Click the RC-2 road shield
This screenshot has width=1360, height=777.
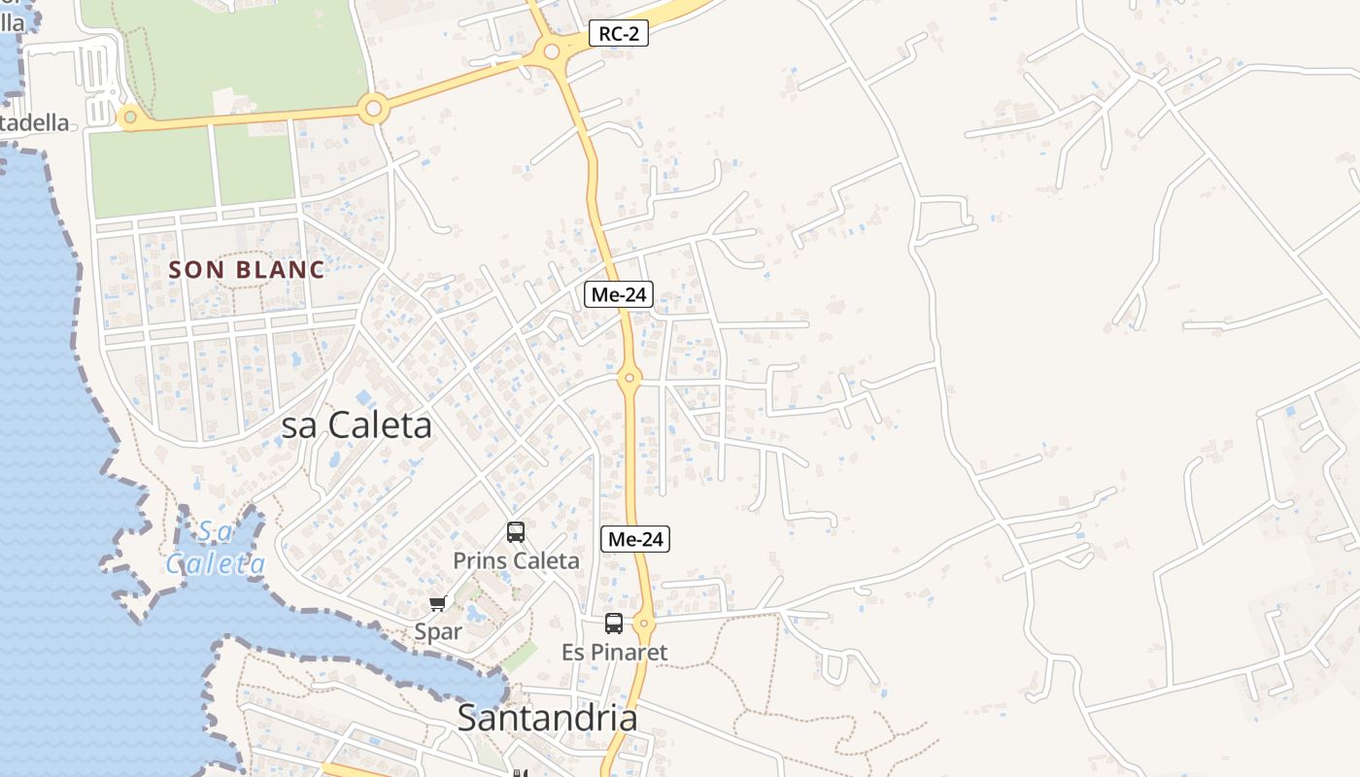pos(619,34)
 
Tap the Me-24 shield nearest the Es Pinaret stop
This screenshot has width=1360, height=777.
pos(635,539)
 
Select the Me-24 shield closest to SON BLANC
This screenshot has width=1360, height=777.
pos(618,294)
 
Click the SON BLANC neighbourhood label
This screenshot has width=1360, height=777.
pos(247,270)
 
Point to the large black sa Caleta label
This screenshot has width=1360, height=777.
pos(357,425)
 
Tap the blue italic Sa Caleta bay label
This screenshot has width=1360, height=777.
pos(216,548)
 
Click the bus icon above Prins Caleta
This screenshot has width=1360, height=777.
pos(516,532)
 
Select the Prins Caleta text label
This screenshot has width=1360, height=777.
pos(516,561)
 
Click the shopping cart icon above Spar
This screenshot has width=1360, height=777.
pos(438,604)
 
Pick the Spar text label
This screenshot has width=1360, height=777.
pos(438,632)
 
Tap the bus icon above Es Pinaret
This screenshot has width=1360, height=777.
pos(614,624)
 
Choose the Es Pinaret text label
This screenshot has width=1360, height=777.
pos(615,653)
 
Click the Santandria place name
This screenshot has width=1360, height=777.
pos(547,719)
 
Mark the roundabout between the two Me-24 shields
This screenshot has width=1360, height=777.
pos(629,377)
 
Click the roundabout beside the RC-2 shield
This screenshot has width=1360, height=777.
pos(552,51)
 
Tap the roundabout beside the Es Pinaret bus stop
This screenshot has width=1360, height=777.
pos(643,623)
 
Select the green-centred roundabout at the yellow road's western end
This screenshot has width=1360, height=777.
pos(129,118)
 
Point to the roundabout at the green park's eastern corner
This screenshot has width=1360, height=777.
pos(373,109)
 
